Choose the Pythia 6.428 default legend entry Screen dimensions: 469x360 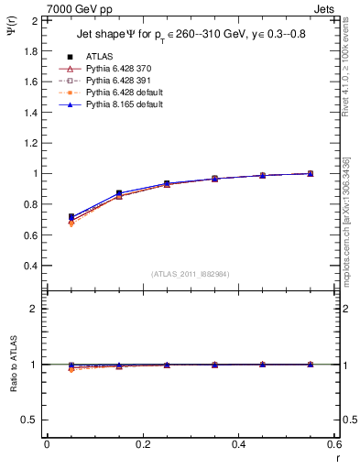click(x=121, y=93)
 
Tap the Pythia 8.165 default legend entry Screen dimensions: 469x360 click(x=121, y=105)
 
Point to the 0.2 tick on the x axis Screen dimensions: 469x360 click(x=142, y=444)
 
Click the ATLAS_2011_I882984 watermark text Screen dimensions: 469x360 click(x=190, y=274)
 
